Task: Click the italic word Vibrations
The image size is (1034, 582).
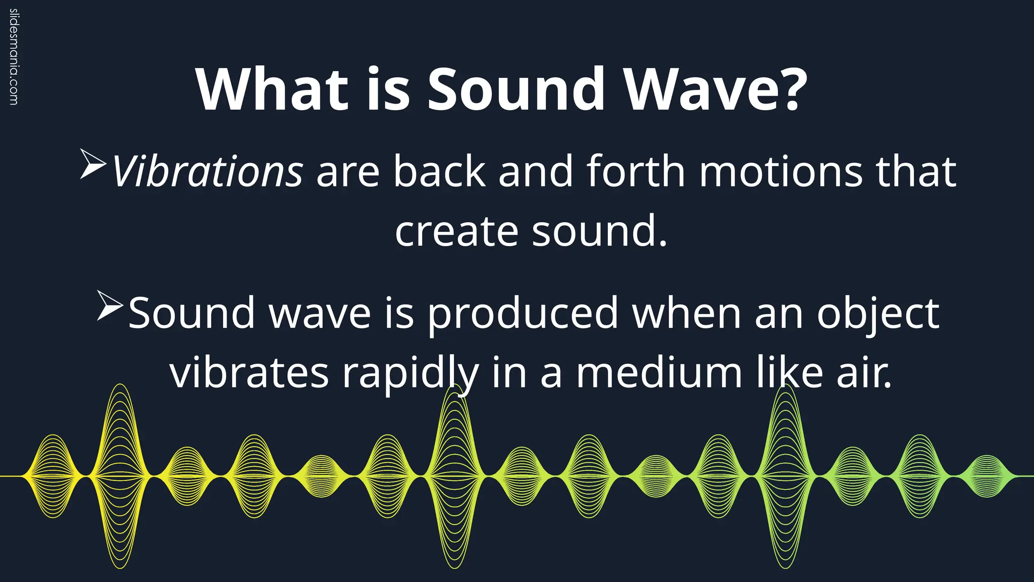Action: coord(207,172)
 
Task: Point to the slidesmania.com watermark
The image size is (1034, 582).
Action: coord(14,57)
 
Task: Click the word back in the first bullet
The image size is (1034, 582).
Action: coord(439,172)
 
